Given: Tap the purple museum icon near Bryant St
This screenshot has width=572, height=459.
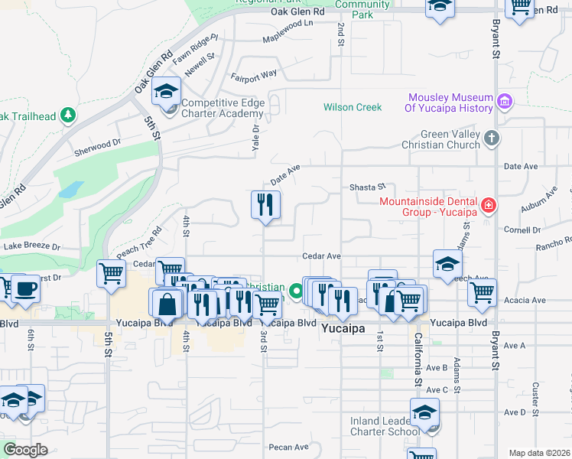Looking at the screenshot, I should click(x=504, y=101).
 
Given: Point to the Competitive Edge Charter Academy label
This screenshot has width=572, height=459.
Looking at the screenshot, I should click(x=223, y=108).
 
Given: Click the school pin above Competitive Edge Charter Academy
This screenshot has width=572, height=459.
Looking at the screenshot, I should click(x=166, y=93).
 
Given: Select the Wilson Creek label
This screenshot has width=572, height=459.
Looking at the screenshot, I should click(x=352, y=107).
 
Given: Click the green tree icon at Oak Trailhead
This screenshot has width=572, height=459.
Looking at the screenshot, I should click(x=69, y=115).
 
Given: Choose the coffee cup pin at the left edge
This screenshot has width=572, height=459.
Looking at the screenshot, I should click(x=25, y=289).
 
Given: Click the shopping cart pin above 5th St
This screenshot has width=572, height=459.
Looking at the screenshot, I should click(x=112, y=272).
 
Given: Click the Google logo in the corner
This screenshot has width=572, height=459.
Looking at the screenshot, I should click(x=25, y=450).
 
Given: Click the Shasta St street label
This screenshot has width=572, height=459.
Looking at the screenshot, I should click(x=368, y=187).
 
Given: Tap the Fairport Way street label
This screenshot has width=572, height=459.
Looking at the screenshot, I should click(x=255, y=76).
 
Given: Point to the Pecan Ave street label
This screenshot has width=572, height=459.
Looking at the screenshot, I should click(x=288, y=447).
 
